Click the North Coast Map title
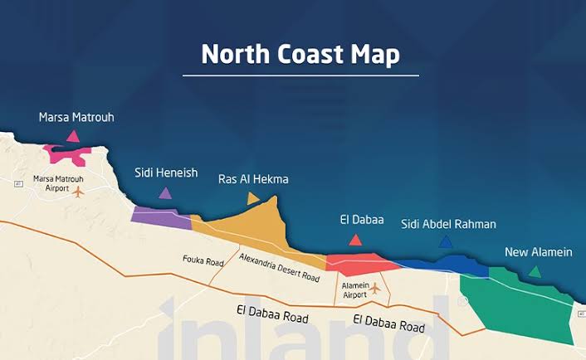click(300, 54)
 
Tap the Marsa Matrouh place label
click(76, 118)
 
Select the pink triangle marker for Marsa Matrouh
click(73, 136)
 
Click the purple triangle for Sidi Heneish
click(165, 193)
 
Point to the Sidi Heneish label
click(166, 173)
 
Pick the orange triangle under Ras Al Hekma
click(253, 198)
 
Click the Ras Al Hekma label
click(253, 178)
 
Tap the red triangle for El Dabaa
click(355, 240)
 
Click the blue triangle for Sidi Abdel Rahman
click(446, 242)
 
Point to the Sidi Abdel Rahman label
click(448, 224)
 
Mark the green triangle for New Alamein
click(535, 271)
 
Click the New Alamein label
click(538, 252)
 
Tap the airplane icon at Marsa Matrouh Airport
click(79, 192)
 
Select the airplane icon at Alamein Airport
click(375, 288)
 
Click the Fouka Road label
click(203, 261)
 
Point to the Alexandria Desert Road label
click(279, 268)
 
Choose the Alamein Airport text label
click(354, 289)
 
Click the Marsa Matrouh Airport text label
click(57, 183)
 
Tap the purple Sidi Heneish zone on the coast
click(160, 216)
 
